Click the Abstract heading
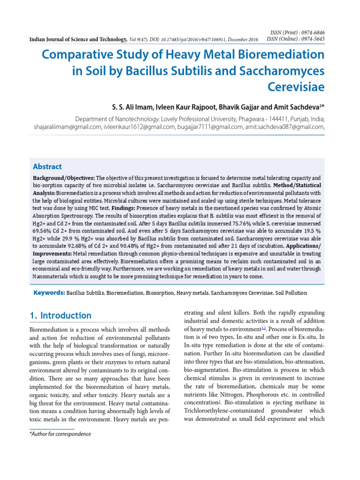tap(47, 166)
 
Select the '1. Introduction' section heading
tap(60, 315)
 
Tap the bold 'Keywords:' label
tap(49, 293)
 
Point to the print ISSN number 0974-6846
tap(311, 32)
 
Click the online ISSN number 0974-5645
tap(311, 39)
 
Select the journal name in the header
tap(78, 40)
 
